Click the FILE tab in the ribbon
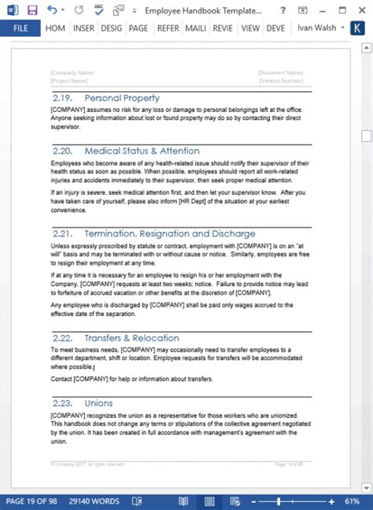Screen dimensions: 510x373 click(20, 28)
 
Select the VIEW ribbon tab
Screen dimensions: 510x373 click(250, 28)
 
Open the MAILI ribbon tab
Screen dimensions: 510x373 click(195, 28)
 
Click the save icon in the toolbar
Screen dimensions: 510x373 click(32, 9)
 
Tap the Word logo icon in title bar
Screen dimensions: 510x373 click(11, 9)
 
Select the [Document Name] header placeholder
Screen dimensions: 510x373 click(279, 73)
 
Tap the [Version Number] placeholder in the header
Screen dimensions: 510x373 click(280, 80)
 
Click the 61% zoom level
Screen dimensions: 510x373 click(353, 501)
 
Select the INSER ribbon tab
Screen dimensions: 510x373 click(83, 28)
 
